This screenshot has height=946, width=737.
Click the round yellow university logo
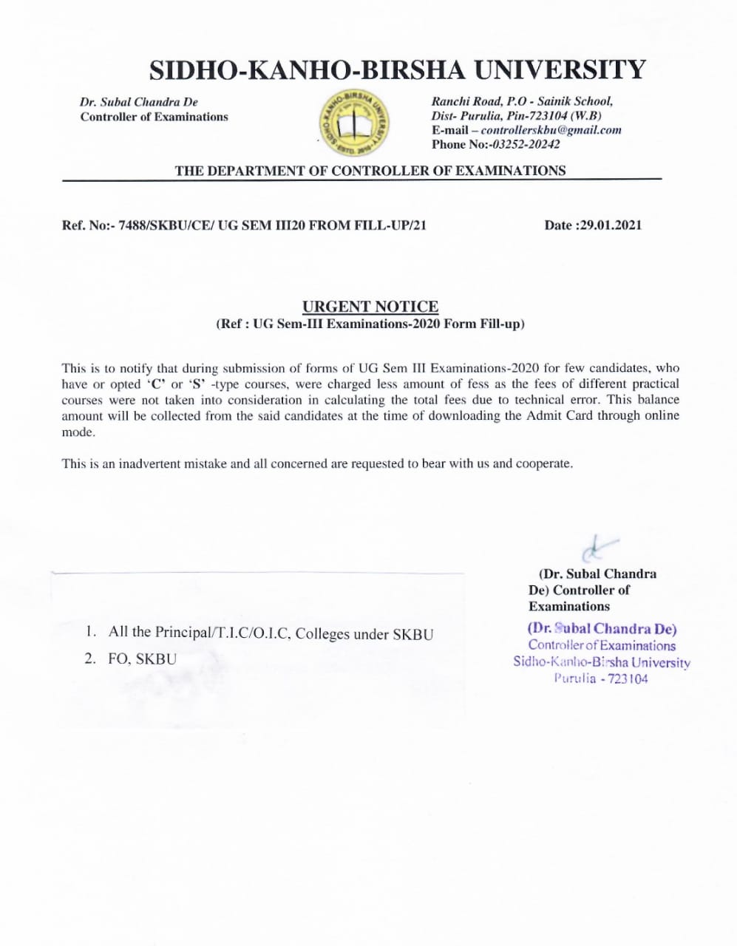pyautogui.click(x=353, y=123)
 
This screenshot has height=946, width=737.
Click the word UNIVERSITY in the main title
pyautogui.click(x=559, y=69)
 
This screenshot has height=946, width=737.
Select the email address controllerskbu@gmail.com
pyautogui.click(x=551, y=130)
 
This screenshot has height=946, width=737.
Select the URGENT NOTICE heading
pyautogui.click(x=370, y=307)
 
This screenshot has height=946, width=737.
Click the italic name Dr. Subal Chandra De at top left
pyautogui.click(x=138, y=102)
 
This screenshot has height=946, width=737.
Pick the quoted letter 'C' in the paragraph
pyautogui.click(x=156, y=384)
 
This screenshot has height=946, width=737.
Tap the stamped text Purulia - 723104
pyautogui.click(x=600, y=678)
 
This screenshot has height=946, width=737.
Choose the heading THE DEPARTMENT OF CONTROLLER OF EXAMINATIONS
pyautogui.click(x=370, y=171)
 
